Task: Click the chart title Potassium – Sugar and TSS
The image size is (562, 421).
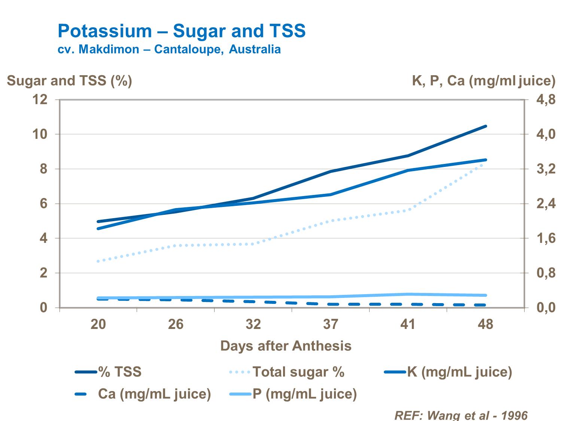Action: pos(182,31)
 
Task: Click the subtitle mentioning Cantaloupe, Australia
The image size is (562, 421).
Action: pos(169,49)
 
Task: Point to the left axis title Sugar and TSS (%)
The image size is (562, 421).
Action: pos(70,81)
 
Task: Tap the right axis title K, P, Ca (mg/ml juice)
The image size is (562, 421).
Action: pos(483,81)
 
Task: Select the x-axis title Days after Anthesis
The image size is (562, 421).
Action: pos(286,346)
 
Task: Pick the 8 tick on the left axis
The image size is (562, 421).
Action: pos(44,169)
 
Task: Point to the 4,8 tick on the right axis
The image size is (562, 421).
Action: pos(546,100)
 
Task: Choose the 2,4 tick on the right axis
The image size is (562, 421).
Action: pos(546,204)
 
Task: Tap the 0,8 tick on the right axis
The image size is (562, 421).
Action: pos(546,273)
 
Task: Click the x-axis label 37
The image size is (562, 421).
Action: pos(331,324)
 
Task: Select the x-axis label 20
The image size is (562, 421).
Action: pos(98,324)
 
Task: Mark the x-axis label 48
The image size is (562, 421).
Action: pos(485,324)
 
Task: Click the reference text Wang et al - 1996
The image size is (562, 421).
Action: pos(461,415)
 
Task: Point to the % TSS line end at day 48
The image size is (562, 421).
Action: pos(486,126)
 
